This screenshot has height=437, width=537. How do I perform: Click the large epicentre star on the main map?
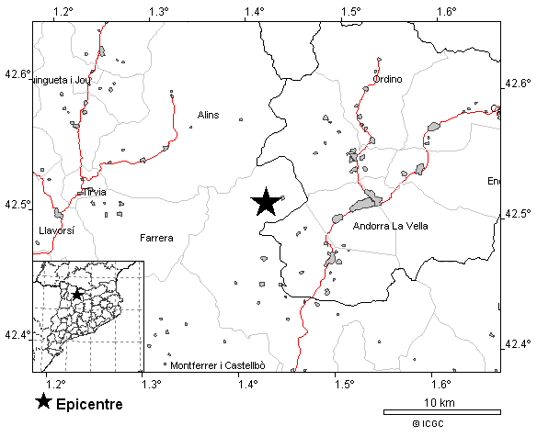pyautogui.click(x=266, y=202)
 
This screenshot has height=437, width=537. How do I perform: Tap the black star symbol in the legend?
pyautogui.click(x=42, y=402)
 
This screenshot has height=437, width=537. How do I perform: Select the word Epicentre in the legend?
pyautogui.click(x=89, y=403)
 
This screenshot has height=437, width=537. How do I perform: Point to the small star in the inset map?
pyautogui.click(x=78, y=294)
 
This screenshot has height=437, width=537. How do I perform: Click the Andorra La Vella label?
pyautogui.click(x=391, y=226)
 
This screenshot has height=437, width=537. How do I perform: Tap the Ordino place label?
pyautogui.click(x=388, y=80)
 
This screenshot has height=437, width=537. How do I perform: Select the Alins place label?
pyautogui.click(x=208, y=115)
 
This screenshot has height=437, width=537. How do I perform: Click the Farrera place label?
pyautogui.click(x=156, y=238)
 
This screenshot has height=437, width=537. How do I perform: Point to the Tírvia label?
pyautogui.click(x=94, y=192)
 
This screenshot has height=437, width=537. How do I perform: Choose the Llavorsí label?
pyautogui.click(x=56, y=231)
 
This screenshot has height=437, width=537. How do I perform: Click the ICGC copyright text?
pyautogui.click(x=428, y=423)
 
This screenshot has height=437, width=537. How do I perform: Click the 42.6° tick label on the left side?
pyautogui.click(x=17, y=73)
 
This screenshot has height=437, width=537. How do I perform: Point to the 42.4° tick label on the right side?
pyautogui.click(x=518, y=344)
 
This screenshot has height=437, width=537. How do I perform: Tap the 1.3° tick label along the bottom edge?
pyautogui.click(x=152, y=383)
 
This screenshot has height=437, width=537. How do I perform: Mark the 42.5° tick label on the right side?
pyautogui.click(x=518, y=214)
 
